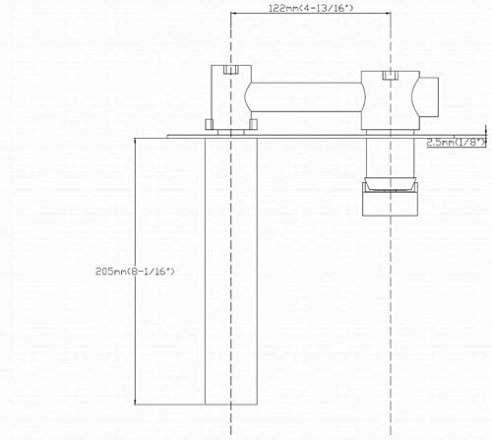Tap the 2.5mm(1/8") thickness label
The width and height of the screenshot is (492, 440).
(456, 143)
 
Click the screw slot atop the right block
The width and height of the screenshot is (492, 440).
(389, 74)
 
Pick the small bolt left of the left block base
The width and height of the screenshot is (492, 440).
(208, 124)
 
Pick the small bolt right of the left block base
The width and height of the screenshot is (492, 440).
(253, 124)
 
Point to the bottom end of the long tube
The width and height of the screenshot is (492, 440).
(230, 402)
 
